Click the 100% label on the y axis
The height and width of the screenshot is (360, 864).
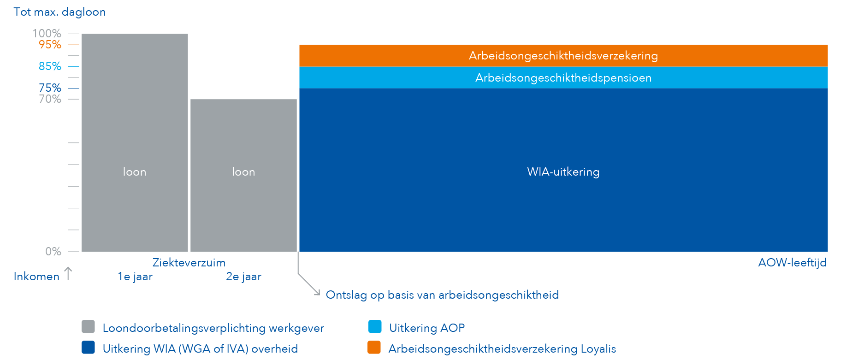pos(47,33)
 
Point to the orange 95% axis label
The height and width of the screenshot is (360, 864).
pos(50,45)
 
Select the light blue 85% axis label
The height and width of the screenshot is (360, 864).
pos(50,66)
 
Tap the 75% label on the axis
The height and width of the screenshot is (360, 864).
pos(50,88)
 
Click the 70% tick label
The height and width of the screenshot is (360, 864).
pos(50,99)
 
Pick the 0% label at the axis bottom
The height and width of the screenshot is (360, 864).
pos(53,252)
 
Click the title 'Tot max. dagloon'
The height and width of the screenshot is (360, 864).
pos(59,12)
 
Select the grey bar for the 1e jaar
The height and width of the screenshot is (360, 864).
pos(135,138)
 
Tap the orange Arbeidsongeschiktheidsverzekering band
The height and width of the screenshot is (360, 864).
pos(563,56)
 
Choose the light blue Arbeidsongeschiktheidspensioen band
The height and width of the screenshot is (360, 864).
pos(563,78)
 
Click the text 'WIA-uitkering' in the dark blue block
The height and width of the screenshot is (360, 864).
pos(563,172)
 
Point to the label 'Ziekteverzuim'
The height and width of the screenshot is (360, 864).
pos(189,263)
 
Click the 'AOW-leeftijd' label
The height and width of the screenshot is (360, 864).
pos(792,263)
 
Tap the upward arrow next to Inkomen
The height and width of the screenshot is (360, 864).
pos(68,273)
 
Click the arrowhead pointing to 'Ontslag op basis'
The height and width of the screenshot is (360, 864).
pos(317,293)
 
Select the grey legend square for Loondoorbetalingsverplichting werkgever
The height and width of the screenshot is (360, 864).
pos(88,327)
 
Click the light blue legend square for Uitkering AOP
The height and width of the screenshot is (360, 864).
pos(375,327)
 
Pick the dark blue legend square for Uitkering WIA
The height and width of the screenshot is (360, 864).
pos(88,348)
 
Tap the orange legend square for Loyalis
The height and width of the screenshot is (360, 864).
pos(374,348)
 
